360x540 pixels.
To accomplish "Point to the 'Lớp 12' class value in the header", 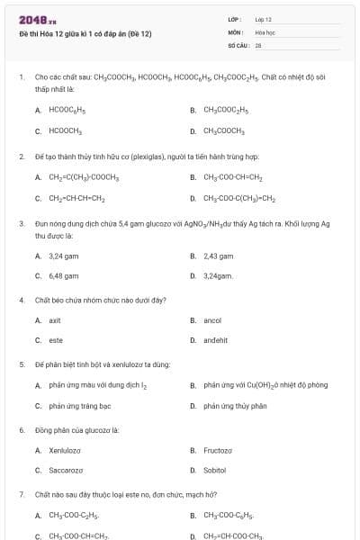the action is [264, 19].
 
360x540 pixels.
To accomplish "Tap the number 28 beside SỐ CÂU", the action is [258, 43].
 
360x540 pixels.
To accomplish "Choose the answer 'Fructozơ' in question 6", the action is [218, 450].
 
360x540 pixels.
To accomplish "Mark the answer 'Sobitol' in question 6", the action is [214, 471].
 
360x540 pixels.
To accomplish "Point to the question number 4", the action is [21, 301].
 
